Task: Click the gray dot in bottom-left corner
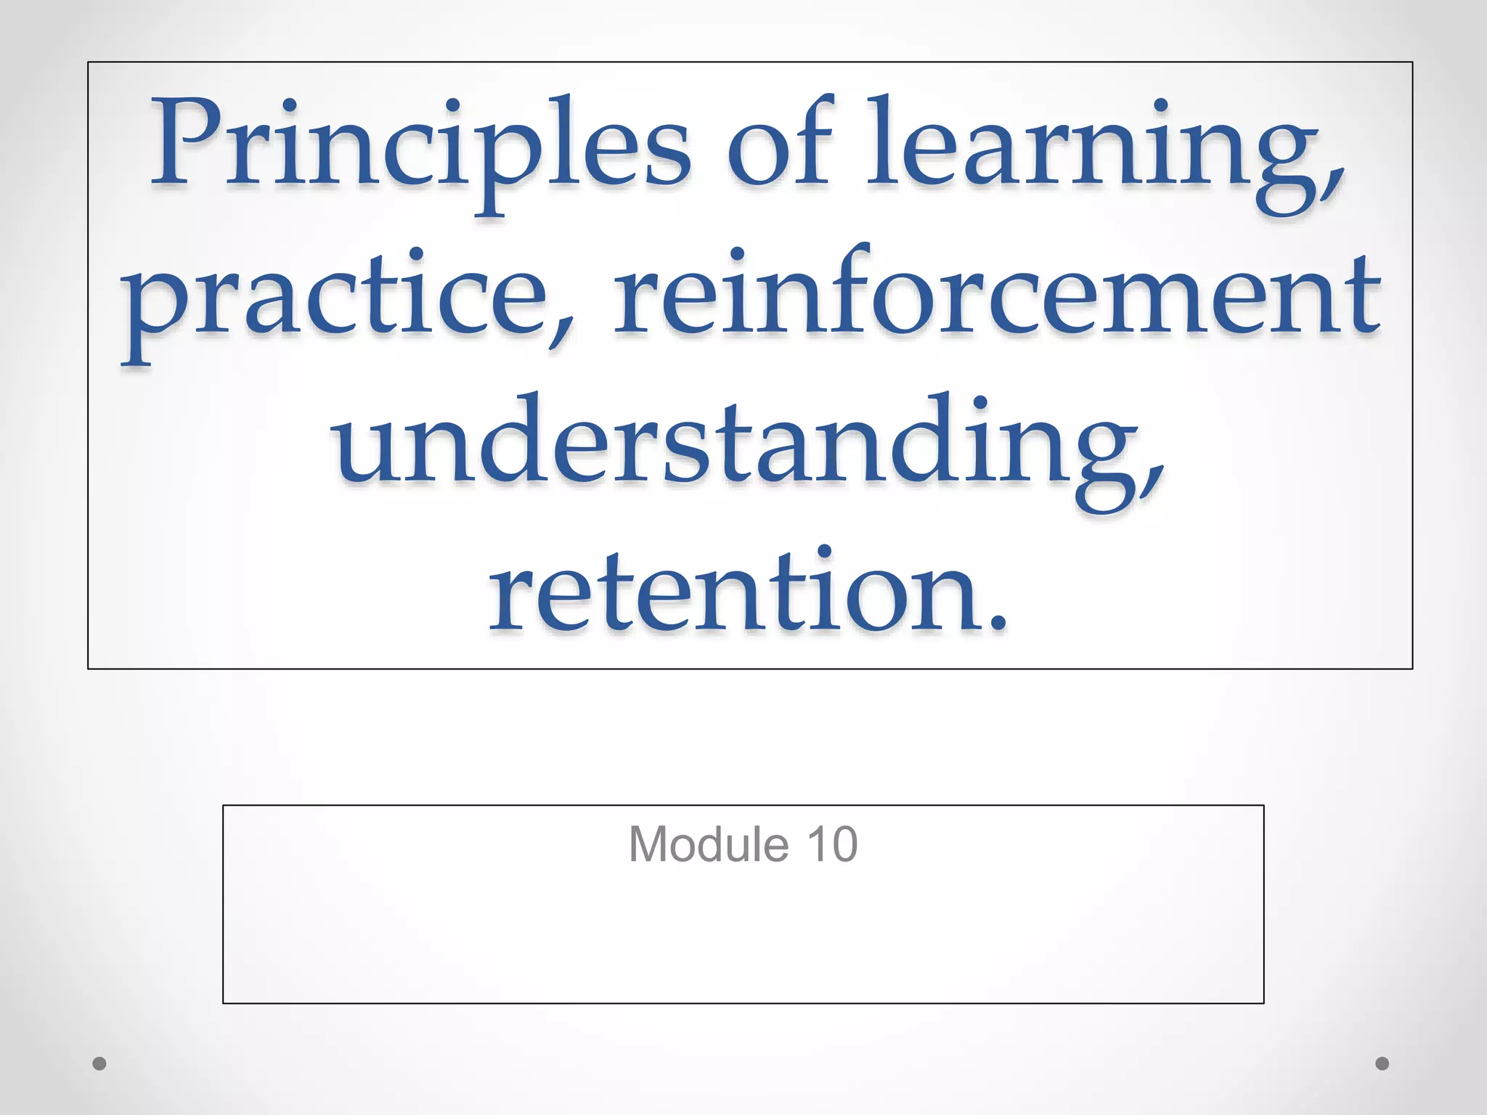(99, 1063)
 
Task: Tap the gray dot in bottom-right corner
(1382, 1063)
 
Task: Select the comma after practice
(561, 334)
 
